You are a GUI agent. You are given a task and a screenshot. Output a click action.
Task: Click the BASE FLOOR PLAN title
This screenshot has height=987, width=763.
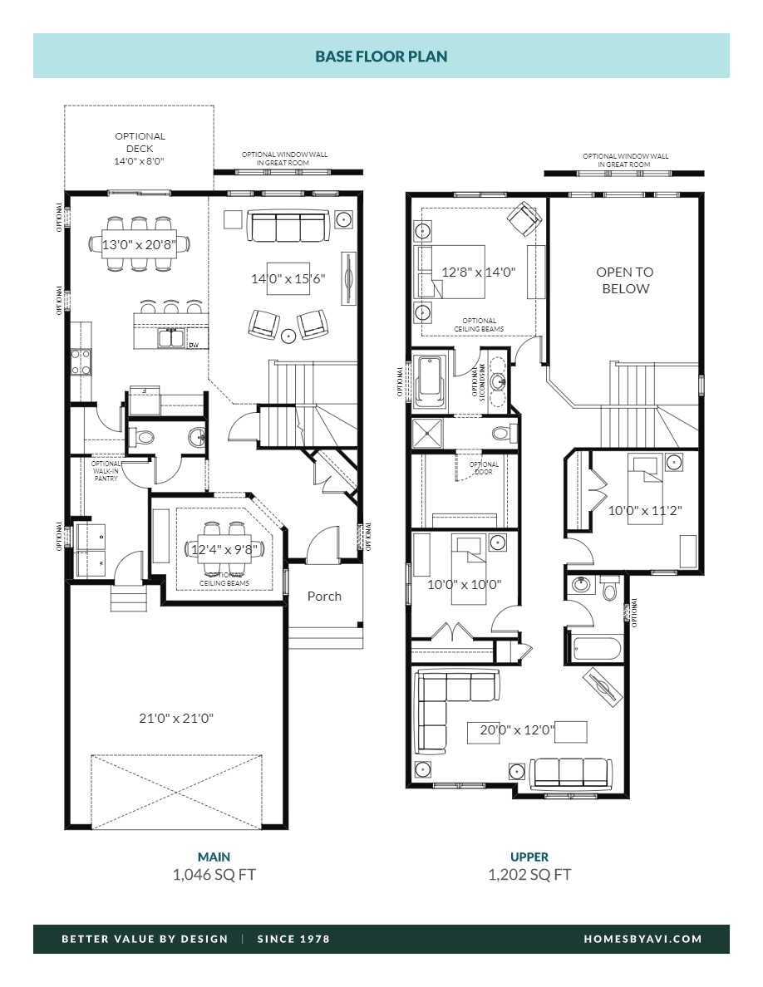click(x=381, y=56)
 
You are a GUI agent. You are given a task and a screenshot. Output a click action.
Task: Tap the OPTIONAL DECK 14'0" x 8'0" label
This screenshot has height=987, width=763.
click(x=140, y=149)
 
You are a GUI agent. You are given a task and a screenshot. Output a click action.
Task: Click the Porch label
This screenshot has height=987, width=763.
click(x=324, y=596)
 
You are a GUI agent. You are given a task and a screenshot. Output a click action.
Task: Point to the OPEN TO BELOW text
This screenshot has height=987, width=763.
click(x=625, y=280)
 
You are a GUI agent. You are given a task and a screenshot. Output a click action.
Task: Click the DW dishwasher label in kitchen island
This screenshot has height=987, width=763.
click(x=193, y=345)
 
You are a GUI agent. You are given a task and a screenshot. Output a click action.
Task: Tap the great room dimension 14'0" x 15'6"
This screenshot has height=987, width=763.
click(x=288, y=279)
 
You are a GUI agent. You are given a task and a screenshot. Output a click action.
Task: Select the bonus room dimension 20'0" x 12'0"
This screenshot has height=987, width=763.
click(x=518, y=731)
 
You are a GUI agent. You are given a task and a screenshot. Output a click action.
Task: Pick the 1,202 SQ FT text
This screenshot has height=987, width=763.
click(x=529, y=874)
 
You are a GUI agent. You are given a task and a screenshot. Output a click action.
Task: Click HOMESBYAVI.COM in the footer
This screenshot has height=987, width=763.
click(x=642, y=939)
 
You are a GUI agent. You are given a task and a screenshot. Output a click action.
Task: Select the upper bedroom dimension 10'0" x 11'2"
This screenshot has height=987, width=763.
click(x=645, y=511)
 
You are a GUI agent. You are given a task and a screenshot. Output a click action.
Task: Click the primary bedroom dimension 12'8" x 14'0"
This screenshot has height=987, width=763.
click(x=479, y=272)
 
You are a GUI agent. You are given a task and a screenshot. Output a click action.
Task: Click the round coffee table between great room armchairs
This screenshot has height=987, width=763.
click(x=288, y=336)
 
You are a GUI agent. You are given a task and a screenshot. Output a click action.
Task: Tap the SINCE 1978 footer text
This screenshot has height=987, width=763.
click(x=293, y=939)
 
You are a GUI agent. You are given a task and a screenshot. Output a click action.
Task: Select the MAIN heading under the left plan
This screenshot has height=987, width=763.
click(x=214, y=857)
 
